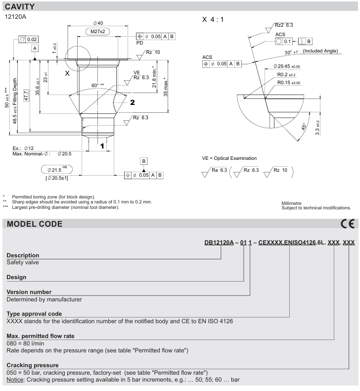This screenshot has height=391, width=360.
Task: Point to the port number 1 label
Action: pyautogui.click(x=102, y=146)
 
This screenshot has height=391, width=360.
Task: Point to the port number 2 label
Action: pyautogui.click(x=133, y=102)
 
